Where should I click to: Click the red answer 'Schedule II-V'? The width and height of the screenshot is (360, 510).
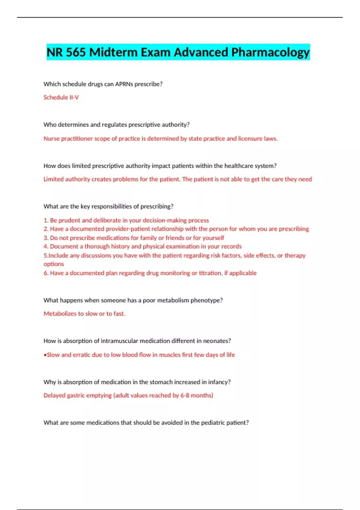click(x=61, y=97)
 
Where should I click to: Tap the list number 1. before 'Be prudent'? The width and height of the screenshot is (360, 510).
click(x=46, y=220)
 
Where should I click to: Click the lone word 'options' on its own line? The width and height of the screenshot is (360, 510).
click(x=54, y=264)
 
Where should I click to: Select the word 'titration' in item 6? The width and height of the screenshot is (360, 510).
click(x=210, y=273)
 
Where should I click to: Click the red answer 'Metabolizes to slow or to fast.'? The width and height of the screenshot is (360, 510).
click(x=84, y=313)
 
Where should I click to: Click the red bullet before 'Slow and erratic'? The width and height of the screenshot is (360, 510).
click(x=45, y=355)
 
